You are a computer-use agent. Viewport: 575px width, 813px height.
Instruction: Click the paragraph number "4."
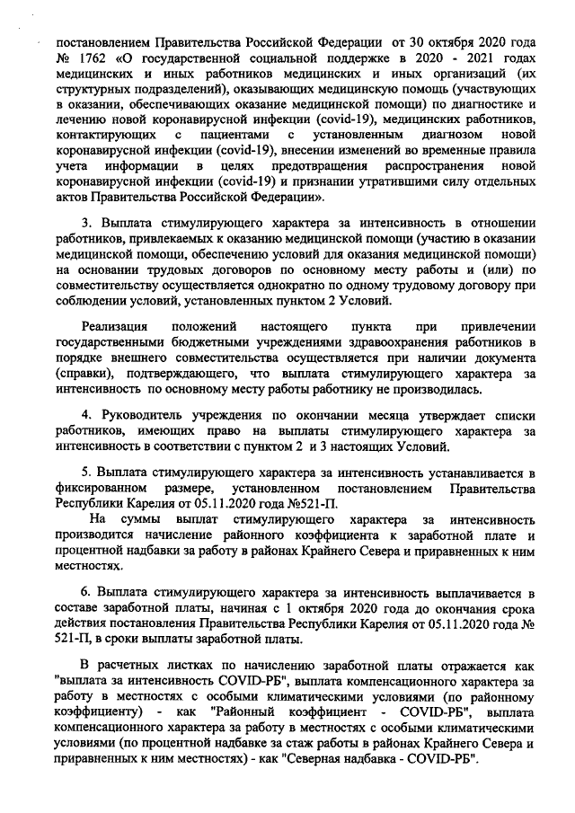point(87,418)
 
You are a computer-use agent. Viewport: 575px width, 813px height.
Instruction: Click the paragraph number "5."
point(87,474)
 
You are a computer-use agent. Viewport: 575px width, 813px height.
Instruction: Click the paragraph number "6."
point(87,594)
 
